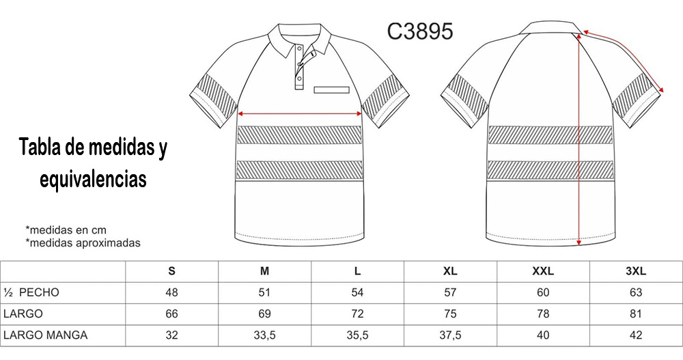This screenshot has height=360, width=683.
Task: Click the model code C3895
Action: coord(419,31)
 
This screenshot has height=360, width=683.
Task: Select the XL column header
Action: coord(450,271)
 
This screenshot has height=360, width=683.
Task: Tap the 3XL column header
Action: coord(635,271)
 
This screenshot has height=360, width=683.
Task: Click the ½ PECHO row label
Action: coord(32,292)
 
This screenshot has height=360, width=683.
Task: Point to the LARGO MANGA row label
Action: coord(45,335)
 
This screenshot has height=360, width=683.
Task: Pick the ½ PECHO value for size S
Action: coord(171,292)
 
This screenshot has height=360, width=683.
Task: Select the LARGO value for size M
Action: coord(265,314)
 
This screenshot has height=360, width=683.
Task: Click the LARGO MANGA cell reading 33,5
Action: coord(265,335)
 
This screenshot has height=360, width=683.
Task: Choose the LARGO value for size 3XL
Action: coord(635,314)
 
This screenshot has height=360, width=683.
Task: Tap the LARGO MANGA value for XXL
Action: coord(542,335)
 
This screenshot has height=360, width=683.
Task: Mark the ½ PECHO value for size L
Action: coord(357,292)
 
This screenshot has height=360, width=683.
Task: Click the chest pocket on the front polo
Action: coord(332,89)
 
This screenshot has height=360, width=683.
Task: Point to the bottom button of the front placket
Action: coord(299,83)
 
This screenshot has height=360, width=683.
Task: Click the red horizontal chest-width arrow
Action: coord(300,113)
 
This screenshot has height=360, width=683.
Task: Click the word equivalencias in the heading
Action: coord(93,179)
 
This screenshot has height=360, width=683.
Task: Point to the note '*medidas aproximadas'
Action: coord(83,243)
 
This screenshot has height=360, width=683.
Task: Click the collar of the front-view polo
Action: coord(301,38)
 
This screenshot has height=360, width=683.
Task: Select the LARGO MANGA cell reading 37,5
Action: coord(450,335)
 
